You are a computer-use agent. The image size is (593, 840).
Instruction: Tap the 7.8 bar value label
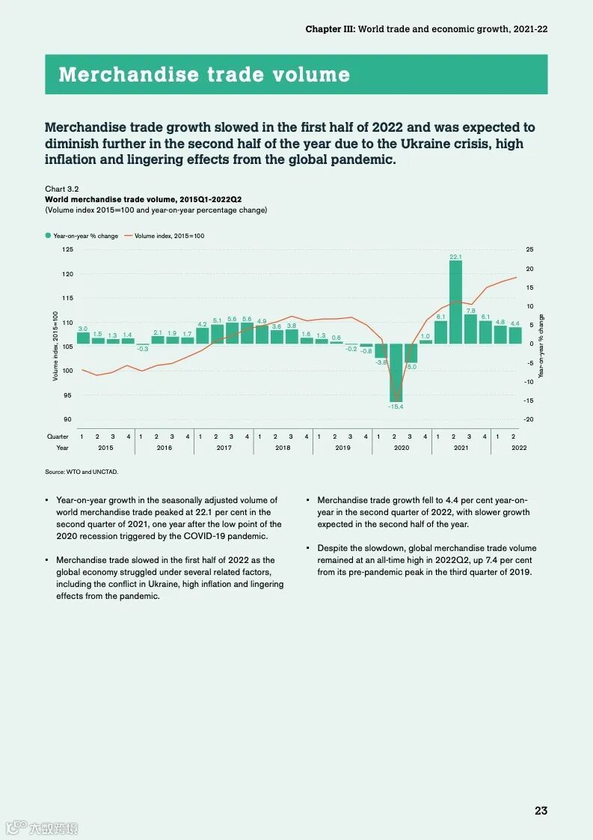(x=470, y=310)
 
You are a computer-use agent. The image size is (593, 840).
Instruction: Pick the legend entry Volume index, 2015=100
(x=168, y=236)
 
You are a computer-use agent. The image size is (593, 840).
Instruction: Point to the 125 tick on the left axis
(x=67, y=249)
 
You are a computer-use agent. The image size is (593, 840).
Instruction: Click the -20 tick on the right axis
(x=529, y=419)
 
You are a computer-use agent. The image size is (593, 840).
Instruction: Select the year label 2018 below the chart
(x=283, y=448)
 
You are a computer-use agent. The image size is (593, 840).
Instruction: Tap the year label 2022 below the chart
(x=519, y=448)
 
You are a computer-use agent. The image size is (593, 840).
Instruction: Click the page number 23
(x=541, y=811)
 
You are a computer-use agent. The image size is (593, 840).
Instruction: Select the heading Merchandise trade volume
(x=204, y=75)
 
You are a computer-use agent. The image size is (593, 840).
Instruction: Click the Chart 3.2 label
(x=62, y=189)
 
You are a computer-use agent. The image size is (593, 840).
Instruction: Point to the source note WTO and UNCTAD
(x=82, y=472)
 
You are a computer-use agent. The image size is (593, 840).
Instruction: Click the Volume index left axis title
(x=55, y=346)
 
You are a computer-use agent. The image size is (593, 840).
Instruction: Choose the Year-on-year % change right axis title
(x=541, y=344)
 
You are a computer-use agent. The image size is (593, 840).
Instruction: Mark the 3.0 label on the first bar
(x=83, y=329)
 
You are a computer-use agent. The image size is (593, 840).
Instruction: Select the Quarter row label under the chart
(x=58, y=436)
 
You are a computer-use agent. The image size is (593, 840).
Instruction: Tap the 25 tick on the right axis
(x=529, y=249)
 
